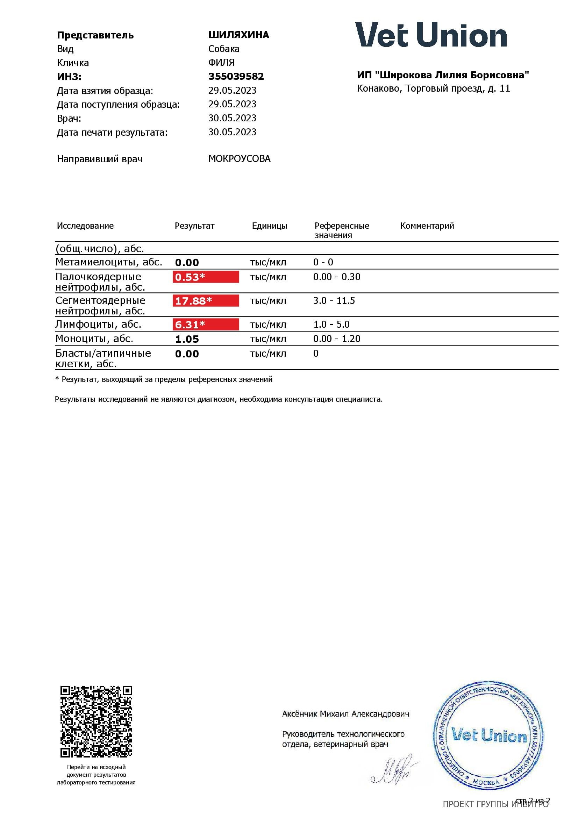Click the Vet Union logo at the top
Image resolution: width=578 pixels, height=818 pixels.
click(x=431, y=35)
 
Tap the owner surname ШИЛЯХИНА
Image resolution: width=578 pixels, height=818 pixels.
click(x=238, y=35)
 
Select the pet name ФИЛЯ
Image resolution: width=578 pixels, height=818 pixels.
click(x=221, y=63)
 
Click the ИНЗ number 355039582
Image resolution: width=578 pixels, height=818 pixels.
click(x=236, y=77)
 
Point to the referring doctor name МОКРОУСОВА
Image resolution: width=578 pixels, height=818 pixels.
click(x=239, y=159)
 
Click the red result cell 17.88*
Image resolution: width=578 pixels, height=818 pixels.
click(x=206, y=301)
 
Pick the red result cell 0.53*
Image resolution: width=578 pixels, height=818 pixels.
click(x=206, y=277)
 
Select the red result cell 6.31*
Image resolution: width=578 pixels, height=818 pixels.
click(x=206, y=325)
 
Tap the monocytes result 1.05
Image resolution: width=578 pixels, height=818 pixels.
click(x=187, y=339)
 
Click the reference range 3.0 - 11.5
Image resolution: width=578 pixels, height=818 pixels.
click(x=334, y=301)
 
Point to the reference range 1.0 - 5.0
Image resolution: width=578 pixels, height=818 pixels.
click(x=331, y=325)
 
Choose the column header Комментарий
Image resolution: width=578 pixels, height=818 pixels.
click(x=427, y=226)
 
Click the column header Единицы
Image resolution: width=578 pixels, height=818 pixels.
click(x=269, y=226)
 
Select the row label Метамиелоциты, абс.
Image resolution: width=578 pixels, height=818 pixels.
click(x=109, y=262)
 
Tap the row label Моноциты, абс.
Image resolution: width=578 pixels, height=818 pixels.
click(x=94, y=339)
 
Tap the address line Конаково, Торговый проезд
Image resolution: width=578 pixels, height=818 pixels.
click(x=433, y=89)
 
